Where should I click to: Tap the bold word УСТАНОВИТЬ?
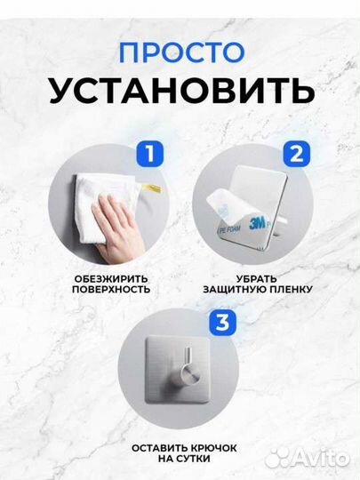[180, 91]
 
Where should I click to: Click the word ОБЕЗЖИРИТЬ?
[112, 277]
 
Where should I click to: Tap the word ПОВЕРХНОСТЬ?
[112, 290]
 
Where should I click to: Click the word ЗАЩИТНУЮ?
[222, 290]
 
